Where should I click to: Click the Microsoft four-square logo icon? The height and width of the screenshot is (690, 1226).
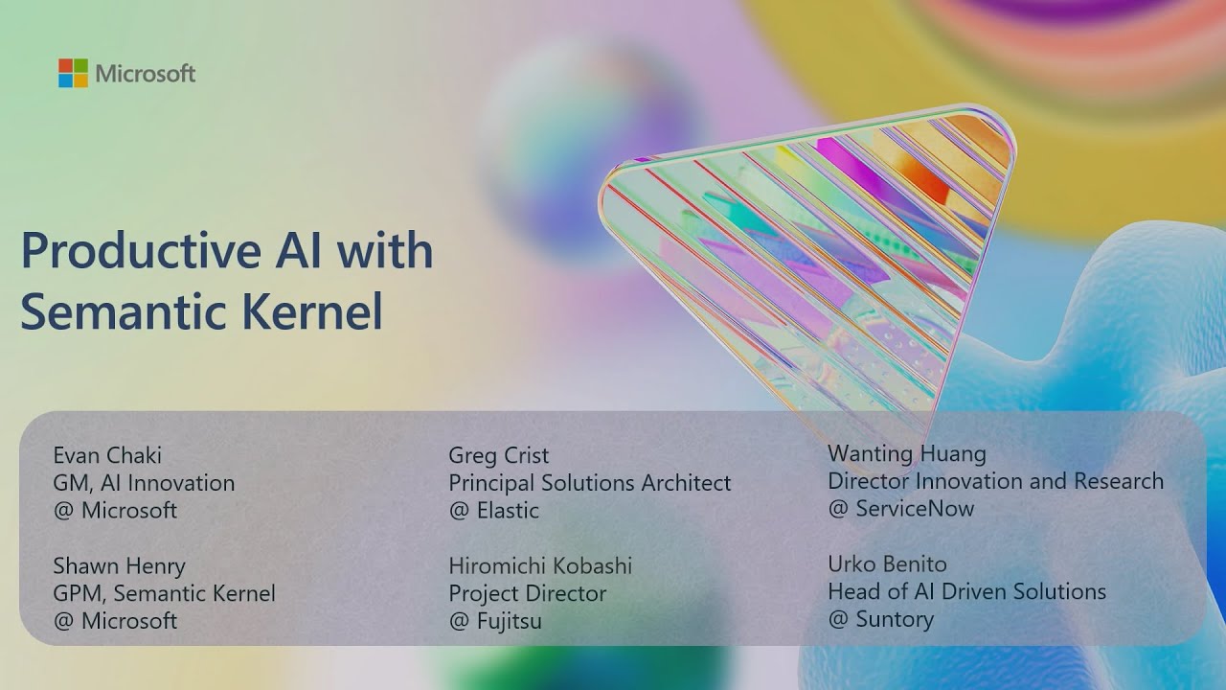coord(73,74)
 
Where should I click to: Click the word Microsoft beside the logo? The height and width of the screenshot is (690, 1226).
coord(146,74)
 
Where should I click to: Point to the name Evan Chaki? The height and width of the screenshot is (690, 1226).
coord(107,455)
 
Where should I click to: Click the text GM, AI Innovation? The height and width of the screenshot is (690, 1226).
coord(144,483)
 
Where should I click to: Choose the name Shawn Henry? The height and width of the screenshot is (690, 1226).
coord(119,565)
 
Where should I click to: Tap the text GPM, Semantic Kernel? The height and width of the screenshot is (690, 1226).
coord(164,593)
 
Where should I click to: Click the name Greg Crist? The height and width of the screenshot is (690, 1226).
coord(498,455)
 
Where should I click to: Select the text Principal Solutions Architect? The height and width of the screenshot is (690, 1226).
coord(589,483)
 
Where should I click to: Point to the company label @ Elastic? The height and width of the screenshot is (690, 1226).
coord(493,511)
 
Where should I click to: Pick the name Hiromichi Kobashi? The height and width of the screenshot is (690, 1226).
coord(540,565)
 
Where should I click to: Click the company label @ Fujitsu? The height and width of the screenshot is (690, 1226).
coord(495,621)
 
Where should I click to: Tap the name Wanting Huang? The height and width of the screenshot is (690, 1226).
coord(906,453)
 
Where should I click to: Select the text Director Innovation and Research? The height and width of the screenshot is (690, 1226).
coord(995,481)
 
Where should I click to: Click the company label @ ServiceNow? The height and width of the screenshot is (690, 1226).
coord(900,509)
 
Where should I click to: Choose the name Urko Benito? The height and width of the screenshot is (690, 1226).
coord(887,563)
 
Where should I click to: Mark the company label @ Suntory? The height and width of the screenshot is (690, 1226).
coord(880,619)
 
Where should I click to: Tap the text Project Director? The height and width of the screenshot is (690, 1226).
coord(527,593)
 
